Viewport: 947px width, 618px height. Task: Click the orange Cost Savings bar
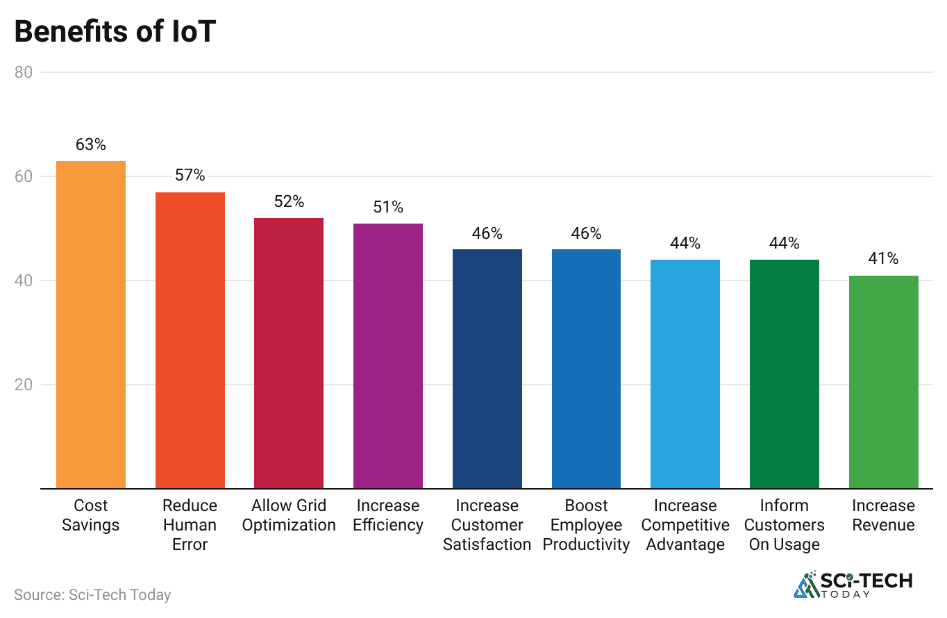pos(91,325)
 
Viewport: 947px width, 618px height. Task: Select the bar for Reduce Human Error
pos(190,340)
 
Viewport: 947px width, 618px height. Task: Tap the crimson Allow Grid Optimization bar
pos(289,353)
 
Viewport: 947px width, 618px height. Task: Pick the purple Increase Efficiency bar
pos(388,356)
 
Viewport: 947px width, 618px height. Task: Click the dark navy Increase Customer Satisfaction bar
pos(487,369)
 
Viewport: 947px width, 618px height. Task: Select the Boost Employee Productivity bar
pos(586,369)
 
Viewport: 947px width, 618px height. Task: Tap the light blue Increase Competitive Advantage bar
pos(685,374)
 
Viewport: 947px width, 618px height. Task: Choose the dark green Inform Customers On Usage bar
pos(785,374)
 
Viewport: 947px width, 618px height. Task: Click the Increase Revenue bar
pos(883,382)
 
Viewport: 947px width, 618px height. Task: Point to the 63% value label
pos(91,145)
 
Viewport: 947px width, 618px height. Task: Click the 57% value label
pos(190,176)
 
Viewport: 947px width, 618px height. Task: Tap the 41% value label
pos(883,259)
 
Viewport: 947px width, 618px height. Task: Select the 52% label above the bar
pos(289,202)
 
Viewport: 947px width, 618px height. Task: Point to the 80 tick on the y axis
pos(24,72)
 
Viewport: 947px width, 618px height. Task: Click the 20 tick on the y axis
pos(24,385)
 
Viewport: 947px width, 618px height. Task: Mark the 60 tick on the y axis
pos(24,176)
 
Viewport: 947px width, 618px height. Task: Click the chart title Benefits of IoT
pos(115,33)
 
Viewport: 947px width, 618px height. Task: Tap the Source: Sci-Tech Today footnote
pos(92,595)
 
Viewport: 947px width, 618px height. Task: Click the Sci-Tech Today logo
pos(853,585)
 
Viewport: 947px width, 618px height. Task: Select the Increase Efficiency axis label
pos(388,515)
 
